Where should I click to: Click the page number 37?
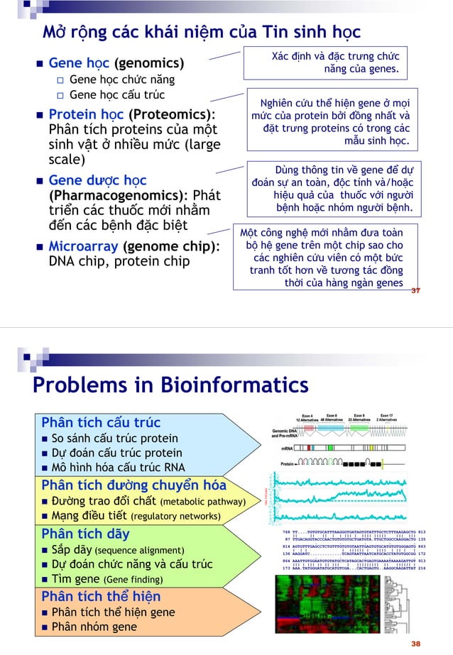click(x=415, y=290)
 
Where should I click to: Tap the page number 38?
click(x=415, y=643)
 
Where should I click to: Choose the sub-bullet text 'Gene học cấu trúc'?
click(x=116, y=95)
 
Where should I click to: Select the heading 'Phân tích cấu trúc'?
click(x=101, y=423)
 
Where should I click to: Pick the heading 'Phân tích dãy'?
click(x=86, y=533)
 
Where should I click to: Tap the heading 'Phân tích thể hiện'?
click(x=101, y=595)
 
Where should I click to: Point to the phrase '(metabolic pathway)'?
click(x=203, y=502)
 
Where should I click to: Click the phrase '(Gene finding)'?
click(x=133, y=580)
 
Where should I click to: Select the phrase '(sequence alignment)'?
click(x=139, y=550)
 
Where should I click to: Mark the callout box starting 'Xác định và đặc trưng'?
click(x=332, y=63)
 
